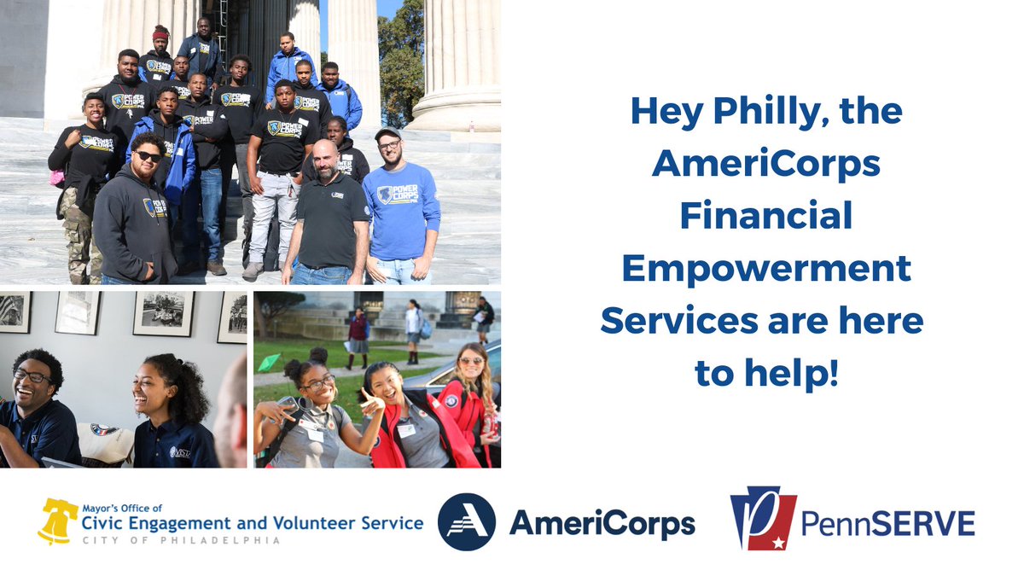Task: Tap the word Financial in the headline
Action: (x=765, y=216)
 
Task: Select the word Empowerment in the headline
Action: (x=765, y=269)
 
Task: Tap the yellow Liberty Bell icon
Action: (x=58, y=521)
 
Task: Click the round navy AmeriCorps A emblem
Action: (x=466, y=521)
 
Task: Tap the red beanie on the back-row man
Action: (x=160, y=33)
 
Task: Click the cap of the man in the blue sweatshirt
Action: (x=387, y=133)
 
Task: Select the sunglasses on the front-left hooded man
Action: (x=148, y=156)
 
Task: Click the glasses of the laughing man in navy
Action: (x=32, y=375)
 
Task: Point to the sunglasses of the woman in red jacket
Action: (x=470, y=360)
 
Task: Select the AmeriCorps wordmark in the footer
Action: (x=602, y=523)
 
